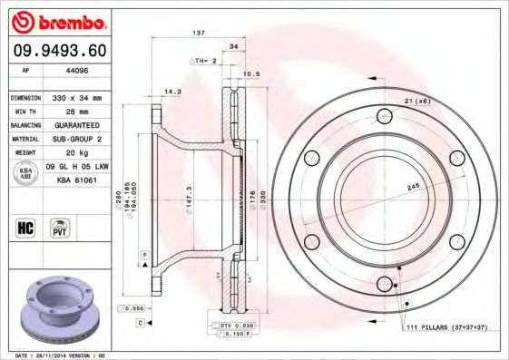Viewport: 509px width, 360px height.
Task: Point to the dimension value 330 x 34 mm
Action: [77, 97]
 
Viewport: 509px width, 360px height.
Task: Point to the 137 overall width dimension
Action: [199, 33]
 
